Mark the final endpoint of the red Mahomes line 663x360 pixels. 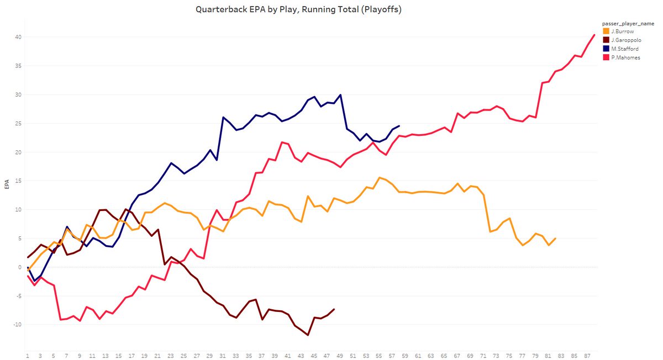594,35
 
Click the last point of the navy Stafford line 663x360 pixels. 399,125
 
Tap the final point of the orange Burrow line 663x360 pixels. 555,239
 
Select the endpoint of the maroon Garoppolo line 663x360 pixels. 334,309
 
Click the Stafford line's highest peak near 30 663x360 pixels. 340,94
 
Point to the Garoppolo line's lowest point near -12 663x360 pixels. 308,335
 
